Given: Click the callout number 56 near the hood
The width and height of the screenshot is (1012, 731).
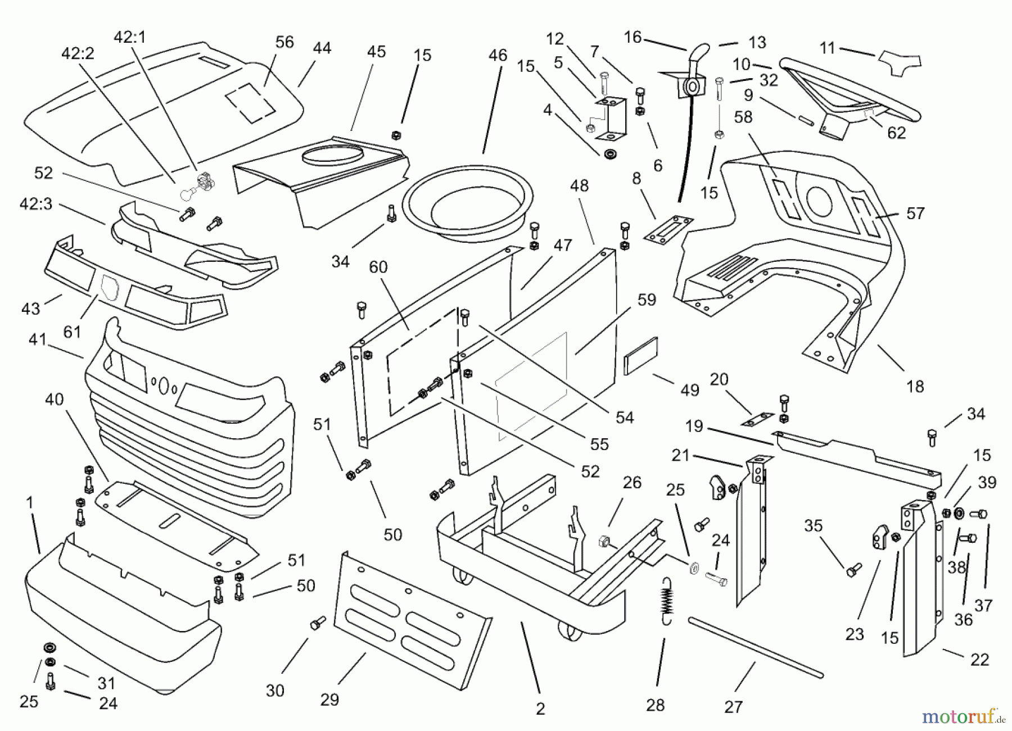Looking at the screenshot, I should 284,42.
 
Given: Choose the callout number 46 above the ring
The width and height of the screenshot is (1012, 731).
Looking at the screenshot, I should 498,55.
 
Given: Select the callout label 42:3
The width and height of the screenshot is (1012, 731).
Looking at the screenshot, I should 36,204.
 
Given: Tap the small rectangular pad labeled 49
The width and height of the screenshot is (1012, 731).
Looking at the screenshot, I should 640,356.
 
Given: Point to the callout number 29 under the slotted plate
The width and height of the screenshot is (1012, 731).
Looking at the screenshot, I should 329,700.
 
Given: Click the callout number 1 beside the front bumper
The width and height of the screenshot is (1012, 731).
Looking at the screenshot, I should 30,502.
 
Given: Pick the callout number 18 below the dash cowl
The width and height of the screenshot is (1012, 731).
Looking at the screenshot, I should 915,387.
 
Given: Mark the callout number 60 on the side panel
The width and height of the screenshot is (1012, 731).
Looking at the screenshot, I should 378,267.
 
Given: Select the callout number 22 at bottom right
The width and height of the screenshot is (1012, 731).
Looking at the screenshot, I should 979,660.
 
